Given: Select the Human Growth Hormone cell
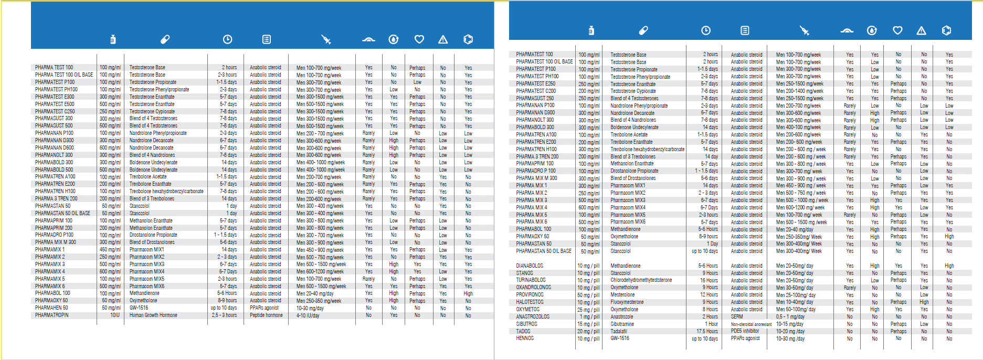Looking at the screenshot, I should [x=153, y=315].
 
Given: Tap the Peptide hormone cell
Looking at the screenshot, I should [x=266, y=315].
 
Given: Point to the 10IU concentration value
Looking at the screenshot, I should [x=115, y=315].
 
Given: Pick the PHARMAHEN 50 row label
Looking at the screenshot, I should [x=51, y=308].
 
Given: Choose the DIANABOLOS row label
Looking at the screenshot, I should [x=530, y=266].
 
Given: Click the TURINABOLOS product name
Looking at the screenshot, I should [x=531, y=280].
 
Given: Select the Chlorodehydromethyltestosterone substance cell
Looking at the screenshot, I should [x=641, y=280].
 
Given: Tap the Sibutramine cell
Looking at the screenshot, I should [x=622, y=324].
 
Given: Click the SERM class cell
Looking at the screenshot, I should [x=737, y=316].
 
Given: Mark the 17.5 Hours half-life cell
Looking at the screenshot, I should [x=707, y=331].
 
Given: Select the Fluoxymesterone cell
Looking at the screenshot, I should [x=627, y=302].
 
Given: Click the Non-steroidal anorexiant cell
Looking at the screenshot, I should [x=751, y=324].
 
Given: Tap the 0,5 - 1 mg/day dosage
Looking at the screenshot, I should [x=790, y=316].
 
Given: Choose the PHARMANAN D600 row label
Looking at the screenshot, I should [x=54, y=147].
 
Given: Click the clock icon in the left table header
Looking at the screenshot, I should [x=227, y=39].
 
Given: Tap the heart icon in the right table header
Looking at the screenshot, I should [x=897, y=30].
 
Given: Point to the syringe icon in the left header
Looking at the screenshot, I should [x=326, y=39].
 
